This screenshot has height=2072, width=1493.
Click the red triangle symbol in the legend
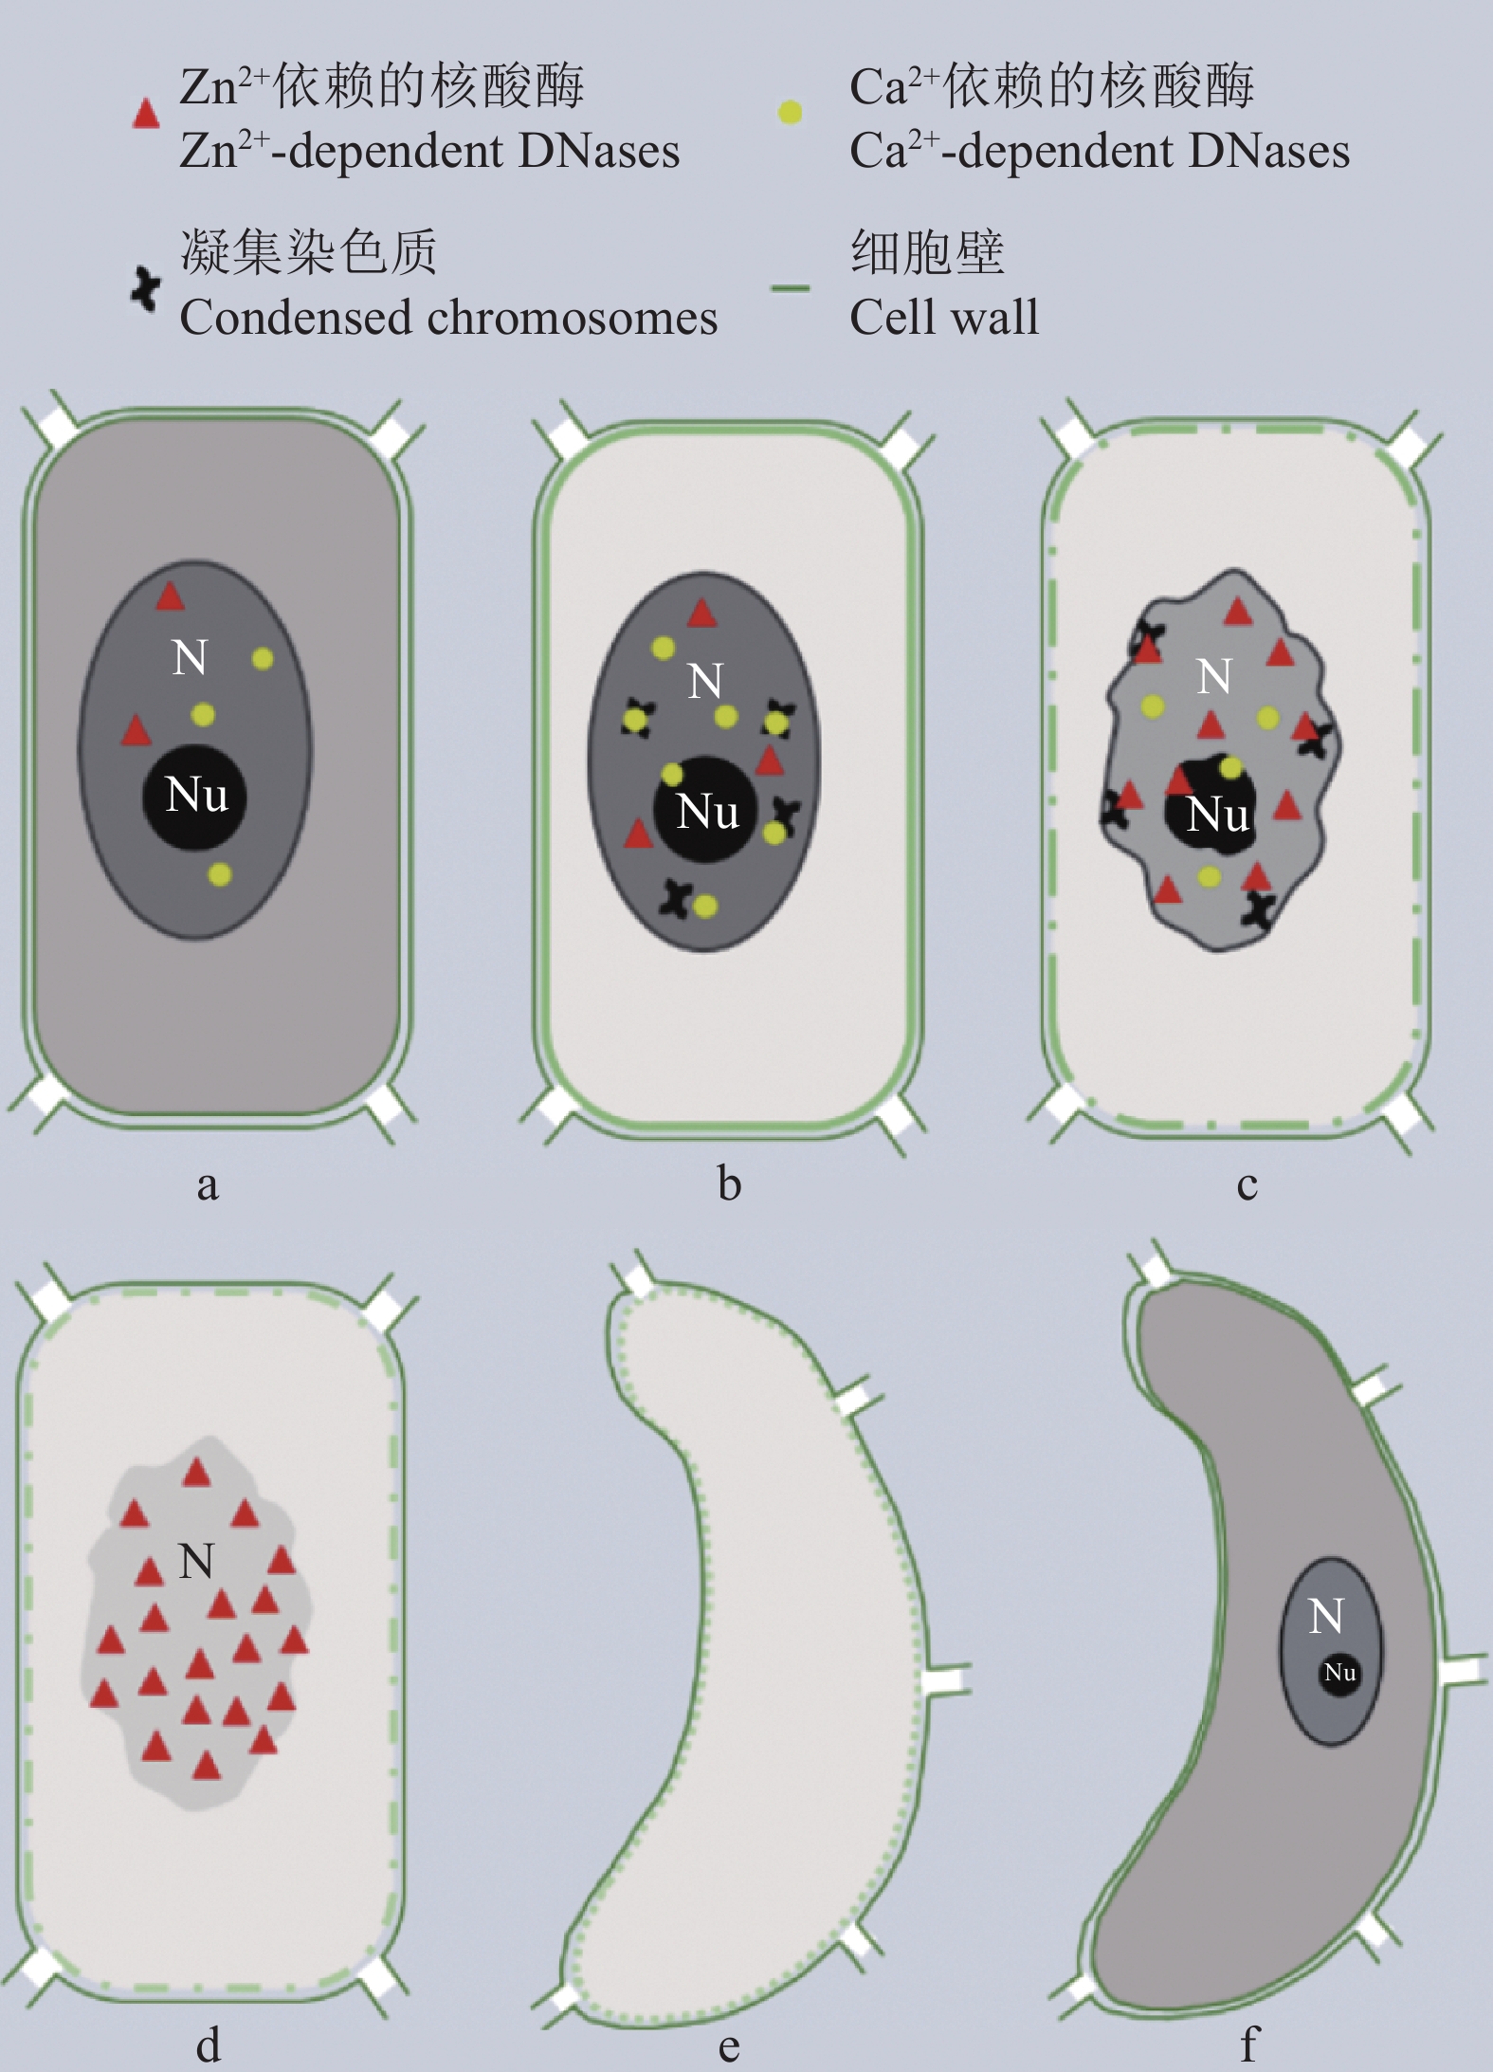coord(145,114)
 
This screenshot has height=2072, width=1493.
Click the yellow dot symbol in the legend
coord(790,113)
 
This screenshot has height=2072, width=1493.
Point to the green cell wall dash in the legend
coord(790,287)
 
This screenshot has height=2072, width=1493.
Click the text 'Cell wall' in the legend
coord(943,317)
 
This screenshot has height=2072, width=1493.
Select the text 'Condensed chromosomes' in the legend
coord(448,317)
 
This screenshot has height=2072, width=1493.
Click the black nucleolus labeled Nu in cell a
coord(195,796)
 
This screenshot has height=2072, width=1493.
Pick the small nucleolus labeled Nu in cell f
coord(1339,1672)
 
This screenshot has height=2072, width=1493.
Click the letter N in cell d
coord(196,1561)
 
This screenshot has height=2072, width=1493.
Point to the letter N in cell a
coord(190,657)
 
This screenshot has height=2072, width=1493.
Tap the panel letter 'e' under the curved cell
coord(728,2047)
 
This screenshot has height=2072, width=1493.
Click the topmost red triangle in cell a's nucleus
coord(170,597)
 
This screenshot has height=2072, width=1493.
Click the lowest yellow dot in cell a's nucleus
coord(220,873)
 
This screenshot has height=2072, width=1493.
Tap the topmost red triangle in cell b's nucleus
coord(701,614)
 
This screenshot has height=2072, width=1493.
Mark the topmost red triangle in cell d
coord(196,1473)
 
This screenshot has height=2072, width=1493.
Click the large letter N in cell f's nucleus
coord(1326,1616)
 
